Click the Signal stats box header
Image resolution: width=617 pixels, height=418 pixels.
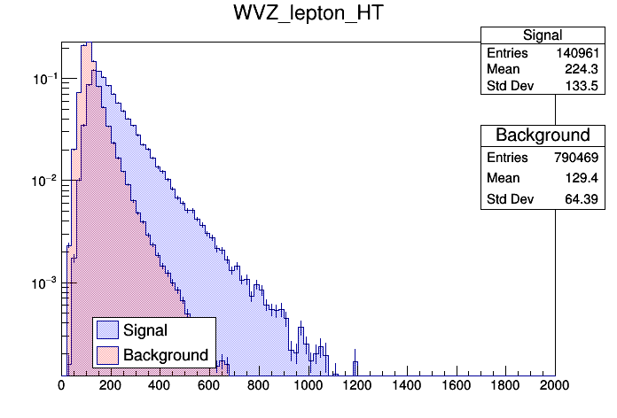[x=542, y=35]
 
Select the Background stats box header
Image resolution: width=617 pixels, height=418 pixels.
[x=542, y=135]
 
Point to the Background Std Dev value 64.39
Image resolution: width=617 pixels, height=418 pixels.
[x=586, y=201]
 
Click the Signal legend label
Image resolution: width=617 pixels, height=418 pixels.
[x=145, y=330]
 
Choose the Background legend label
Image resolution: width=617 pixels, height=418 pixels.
[x=166, y=355]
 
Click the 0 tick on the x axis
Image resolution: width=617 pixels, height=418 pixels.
[x=61, y=385]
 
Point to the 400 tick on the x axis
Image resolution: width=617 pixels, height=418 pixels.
[x=160, y=385]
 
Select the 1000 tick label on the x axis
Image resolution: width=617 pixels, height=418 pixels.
[x=308, y=385]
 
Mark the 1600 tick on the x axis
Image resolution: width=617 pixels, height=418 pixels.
[x=457, y=385]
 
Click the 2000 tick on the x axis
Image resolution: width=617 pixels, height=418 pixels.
[x=555, y=385]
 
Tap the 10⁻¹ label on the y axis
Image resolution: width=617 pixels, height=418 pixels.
[x=44, y=80]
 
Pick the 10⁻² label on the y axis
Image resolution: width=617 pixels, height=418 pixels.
[x=44, y=182]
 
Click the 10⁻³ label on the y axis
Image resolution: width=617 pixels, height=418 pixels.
[x=44, y=283]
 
